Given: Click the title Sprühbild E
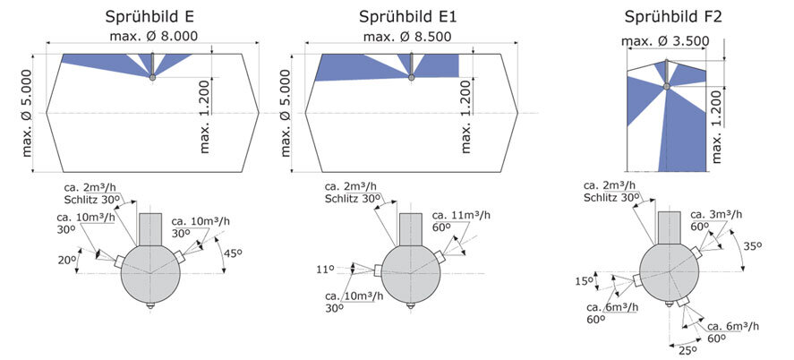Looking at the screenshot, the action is tap(149, 17).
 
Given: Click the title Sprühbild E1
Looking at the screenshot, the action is tap(408, 17).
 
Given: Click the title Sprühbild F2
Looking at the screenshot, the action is tap(673, 17).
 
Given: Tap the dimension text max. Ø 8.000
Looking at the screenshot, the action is tap(153, 37).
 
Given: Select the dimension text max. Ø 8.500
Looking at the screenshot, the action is tap(407, 37).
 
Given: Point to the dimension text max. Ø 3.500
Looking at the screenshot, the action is tap(665, 41).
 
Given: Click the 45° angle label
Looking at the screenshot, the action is tap(231, 253).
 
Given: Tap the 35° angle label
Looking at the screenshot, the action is tap(753, 246).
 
